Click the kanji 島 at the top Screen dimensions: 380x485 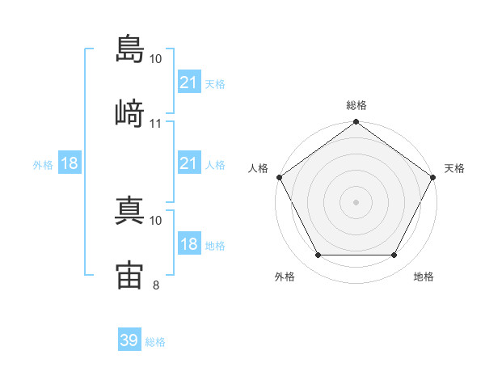coord(130,48)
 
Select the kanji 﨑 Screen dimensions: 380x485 coord(130,112)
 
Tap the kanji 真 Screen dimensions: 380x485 coord(130,209)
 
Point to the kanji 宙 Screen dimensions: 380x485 coord(130,274)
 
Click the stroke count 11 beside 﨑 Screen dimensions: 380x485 coord(156,124)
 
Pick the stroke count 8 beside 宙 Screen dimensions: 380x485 coord(156,285)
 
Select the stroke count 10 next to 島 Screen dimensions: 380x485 coord(156,59)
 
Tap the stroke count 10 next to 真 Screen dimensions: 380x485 coord(156,220)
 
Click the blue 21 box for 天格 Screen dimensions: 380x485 coord(188,82)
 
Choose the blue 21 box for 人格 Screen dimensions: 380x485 coord(188,163)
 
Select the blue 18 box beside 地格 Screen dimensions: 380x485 coord(188,244)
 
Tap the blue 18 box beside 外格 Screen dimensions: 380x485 coord(70,163)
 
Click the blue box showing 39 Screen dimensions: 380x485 coord(129,340)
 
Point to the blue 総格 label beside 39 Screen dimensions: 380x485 coord(155,342)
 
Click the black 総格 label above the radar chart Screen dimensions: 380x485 coord(356,105)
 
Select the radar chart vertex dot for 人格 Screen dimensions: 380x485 coord(278,176)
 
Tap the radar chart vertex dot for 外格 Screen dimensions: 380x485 coord(318,255)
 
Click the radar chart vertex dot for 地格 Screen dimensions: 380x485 coord(394,255)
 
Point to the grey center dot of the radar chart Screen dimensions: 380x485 coord(356,202)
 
